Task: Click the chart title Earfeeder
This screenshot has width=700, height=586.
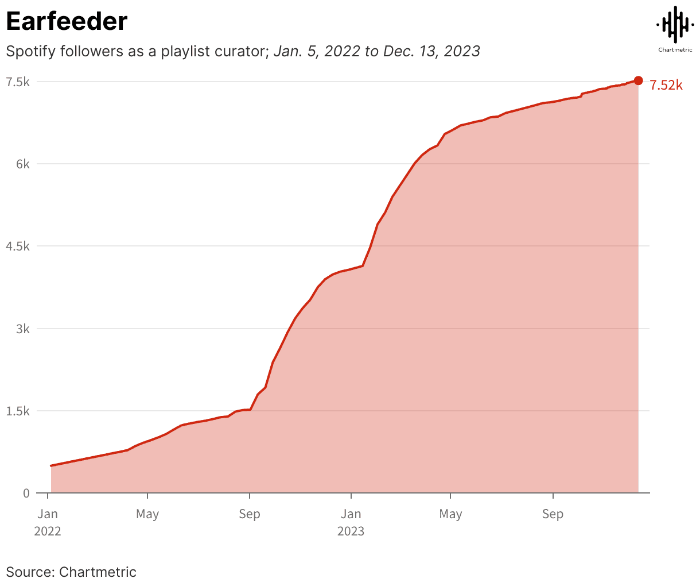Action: pyautogui.click(x=67, y=21)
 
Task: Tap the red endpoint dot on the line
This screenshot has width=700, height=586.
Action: pyautogui.click(x=638, y=81)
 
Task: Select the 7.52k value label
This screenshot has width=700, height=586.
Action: pyautogui.click(x=666, y=86)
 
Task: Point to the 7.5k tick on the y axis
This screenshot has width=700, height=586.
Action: pyautogui.click(x=18, y=82)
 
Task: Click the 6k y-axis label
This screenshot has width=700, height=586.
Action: pyautogui.click(x=22, y=164)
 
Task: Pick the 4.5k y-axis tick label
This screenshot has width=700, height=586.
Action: pyautogui.click(x=18, y=246)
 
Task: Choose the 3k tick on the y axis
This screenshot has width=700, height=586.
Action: pyautogui.click(x=22, y=329)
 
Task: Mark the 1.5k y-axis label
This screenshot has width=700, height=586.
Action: pyautogui.click(x=18, y=411)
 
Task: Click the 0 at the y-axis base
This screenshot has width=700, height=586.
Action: pyautogui.click(x=26, y=493)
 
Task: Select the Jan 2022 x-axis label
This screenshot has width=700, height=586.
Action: pyautogui.click(x=48, y=522)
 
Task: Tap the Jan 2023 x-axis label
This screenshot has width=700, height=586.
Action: pyautogui.click(x=351, y=522)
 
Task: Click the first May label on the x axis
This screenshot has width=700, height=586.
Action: pyautogui.click(x=147, y=514)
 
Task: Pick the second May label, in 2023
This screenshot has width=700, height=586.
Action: pyautogui.click(x=450, y=514)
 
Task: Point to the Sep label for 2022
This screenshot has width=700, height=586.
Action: pyautogui.click(x=249, y=514)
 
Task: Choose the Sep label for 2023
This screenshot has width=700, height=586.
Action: pyautogui.click(x=553, y=514)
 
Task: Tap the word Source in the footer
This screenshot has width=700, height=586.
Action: pyautogui.click(x=29, y=572)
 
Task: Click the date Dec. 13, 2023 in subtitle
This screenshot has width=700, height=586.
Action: pyautogui.click(x=431, y=51)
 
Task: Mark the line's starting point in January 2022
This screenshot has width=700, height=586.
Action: pyautogui.click(x=51, y=465)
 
